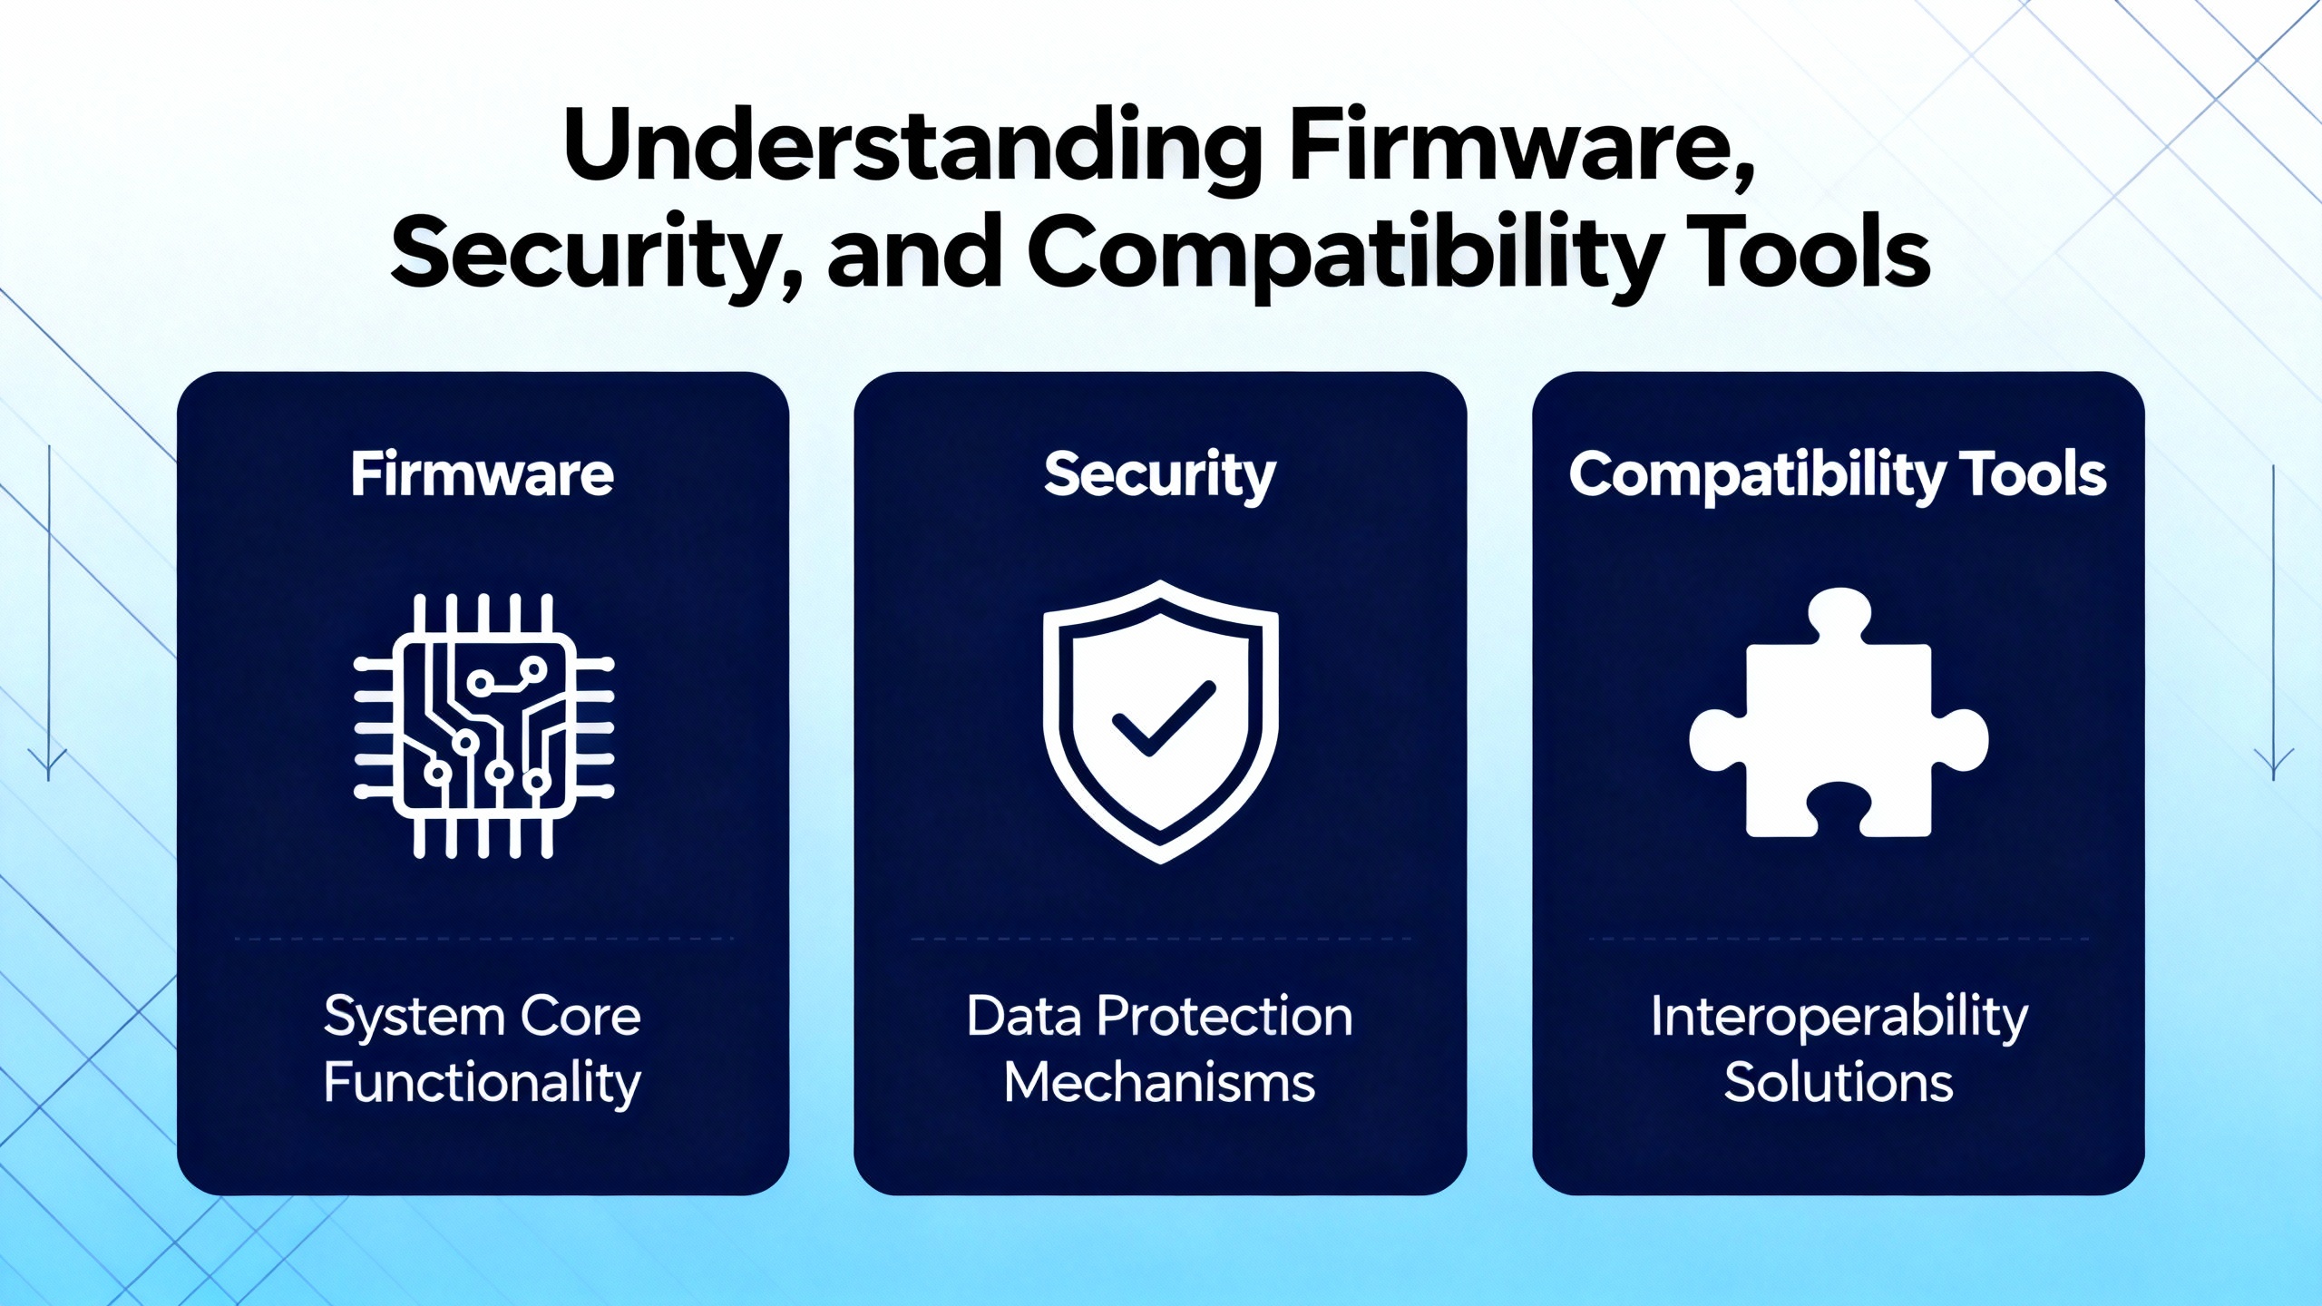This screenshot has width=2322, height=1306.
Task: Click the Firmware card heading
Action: point(483,474)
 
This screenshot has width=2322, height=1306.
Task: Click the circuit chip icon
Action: point(483,726)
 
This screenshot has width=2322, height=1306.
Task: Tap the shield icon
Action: point(1161,722)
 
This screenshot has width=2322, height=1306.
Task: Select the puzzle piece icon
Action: point(1839,713)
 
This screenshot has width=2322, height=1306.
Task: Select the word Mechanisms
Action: point(1160,1082)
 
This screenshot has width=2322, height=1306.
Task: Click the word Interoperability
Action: point(1839,1018)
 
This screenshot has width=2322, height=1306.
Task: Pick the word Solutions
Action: point(1839,1082)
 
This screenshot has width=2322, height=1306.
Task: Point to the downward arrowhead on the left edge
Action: point(48,763)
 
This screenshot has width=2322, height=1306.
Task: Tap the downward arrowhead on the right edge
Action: point(2274,763)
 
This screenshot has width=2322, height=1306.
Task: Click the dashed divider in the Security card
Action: point(1161,938)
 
